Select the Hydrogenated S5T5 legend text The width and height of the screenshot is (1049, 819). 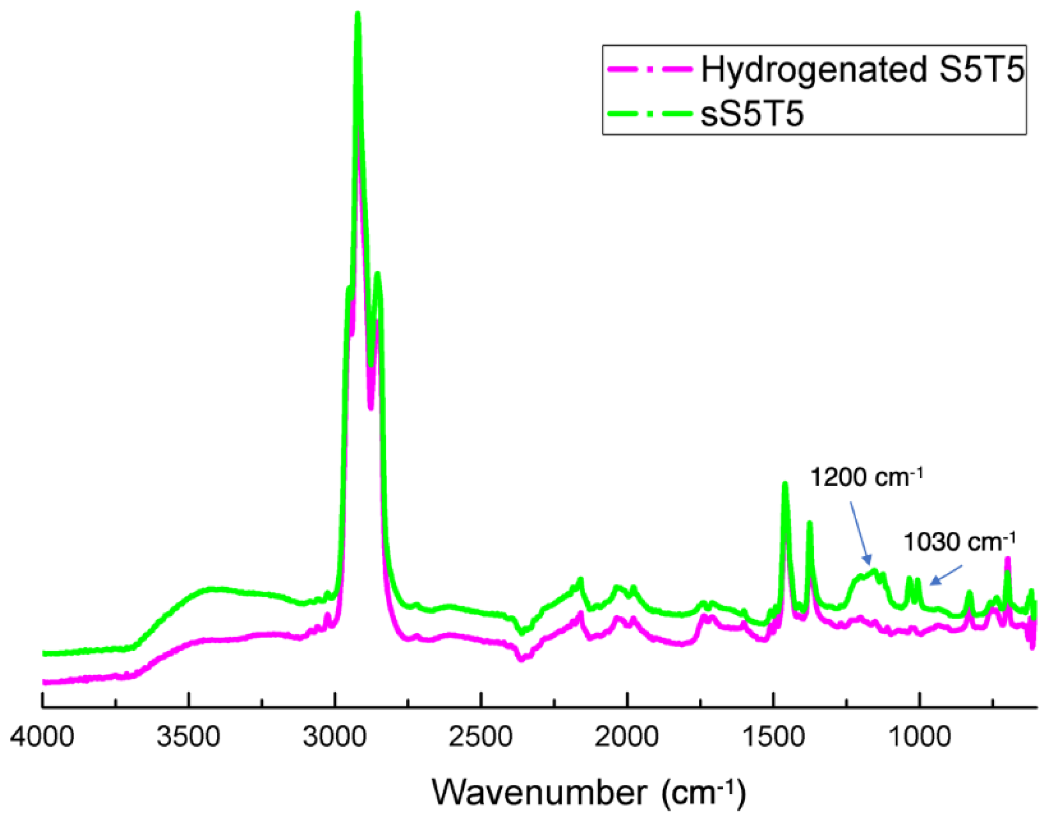click(863, 70)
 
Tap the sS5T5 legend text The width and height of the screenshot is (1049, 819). click(752, 115)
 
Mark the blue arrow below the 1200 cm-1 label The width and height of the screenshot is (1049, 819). click(860, 534)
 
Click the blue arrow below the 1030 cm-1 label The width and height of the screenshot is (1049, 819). click(946, 575)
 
